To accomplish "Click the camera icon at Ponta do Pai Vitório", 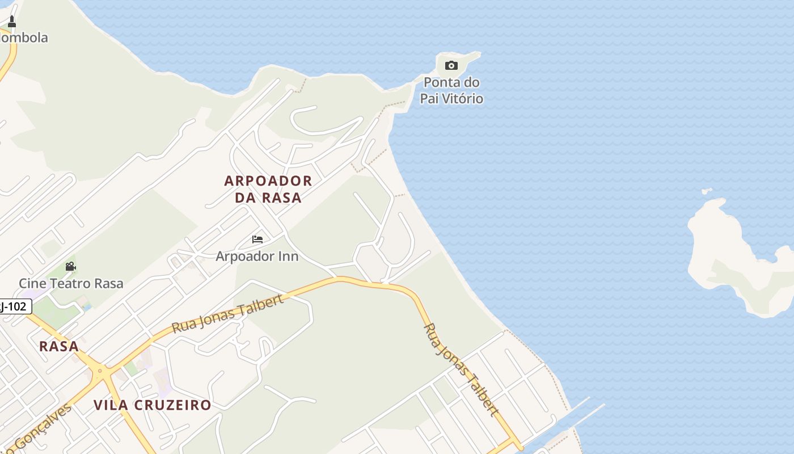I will pos(451,65).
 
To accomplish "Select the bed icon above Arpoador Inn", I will pos(257,239).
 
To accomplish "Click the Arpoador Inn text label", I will pos(257,256).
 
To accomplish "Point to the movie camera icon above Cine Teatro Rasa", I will pos(70,266).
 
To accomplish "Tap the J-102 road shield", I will pos(14,307).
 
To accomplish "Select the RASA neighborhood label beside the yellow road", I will pos(59,346).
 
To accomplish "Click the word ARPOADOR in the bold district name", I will pos(268,181).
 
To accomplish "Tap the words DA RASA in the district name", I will pos(268,197).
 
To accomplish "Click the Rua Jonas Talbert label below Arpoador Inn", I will pos(227,314).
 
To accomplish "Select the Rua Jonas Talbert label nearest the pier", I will pos(461,369).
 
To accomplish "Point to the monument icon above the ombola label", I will pos(11,22).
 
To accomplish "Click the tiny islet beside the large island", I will pos(707,191).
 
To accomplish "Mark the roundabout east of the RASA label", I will pos(100,373).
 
